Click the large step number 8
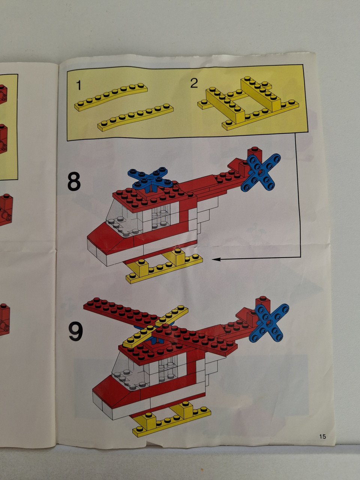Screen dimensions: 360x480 74,181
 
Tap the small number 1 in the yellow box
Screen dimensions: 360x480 79,85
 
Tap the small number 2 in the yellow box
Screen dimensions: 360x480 194,83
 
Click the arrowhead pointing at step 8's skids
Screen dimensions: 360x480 216,259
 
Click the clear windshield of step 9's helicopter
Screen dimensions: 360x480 129,370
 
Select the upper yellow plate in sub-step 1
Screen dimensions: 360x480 111,97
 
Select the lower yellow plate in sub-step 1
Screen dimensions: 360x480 135,117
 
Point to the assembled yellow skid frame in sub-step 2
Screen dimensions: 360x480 248,103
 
